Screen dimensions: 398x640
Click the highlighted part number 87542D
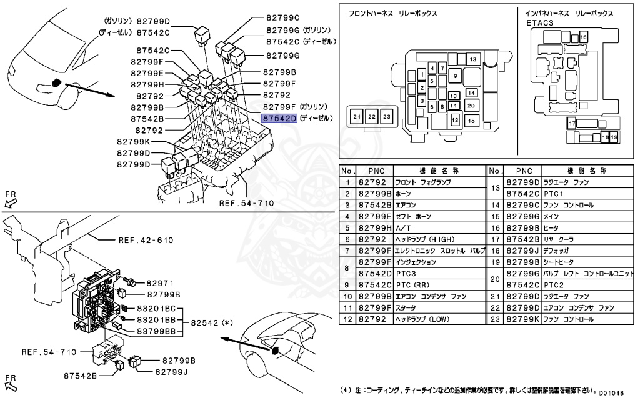(x=279, y=117)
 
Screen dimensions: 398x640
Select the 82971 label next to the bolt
(x=159, y=283)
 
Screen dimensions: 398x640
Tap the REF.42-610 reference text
(x=146, y=240)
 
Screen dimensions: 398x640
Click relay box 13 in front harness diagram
(x=472, y=59)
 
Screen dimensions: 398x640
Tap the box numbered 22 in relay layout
(x=372, y=117)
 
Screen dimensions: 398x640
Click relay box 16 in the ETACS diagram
(x=584, y=38)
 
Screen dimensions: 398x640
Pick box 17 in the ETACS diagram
(x=571, y=124)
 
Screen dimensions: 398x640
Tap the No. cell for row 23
(x=494, y=319)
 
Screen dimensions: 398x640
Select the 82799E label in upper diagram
(x=147, y=73)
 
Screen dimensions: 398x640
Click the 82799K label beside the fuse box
(x=133, y=142)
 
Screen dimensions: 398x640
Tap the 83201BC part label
(x=157, y=309)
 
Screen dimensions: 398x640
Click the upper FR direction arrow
(x=11, y=198)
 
